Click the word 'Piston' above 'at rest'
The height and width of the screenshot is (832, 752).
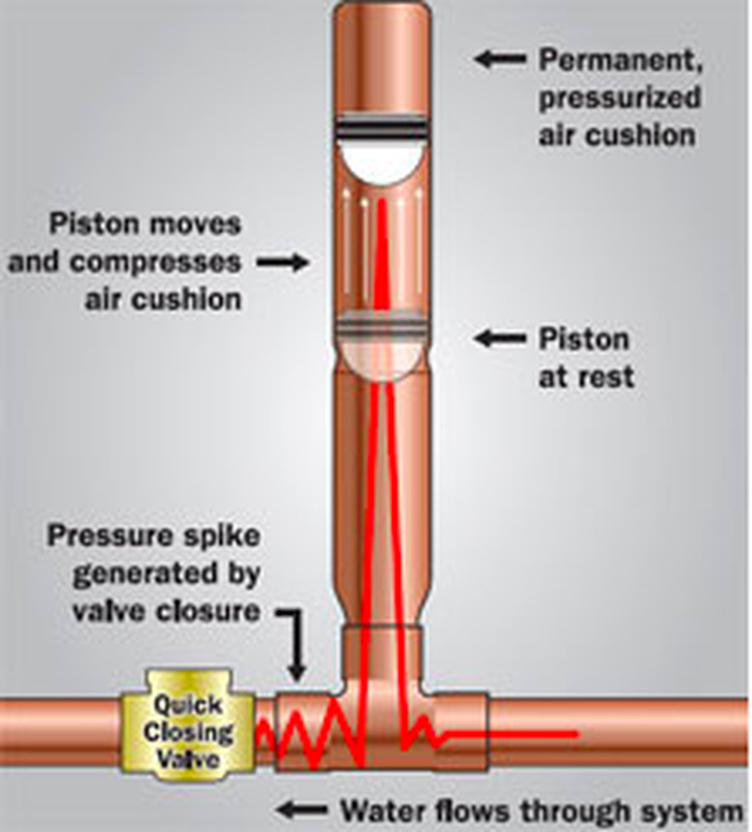point(583,338)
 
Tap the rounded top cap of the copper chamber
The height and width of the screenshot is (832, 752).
point(384,24)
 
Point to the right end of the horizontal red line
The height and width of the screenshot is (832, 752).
point(576,735)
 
